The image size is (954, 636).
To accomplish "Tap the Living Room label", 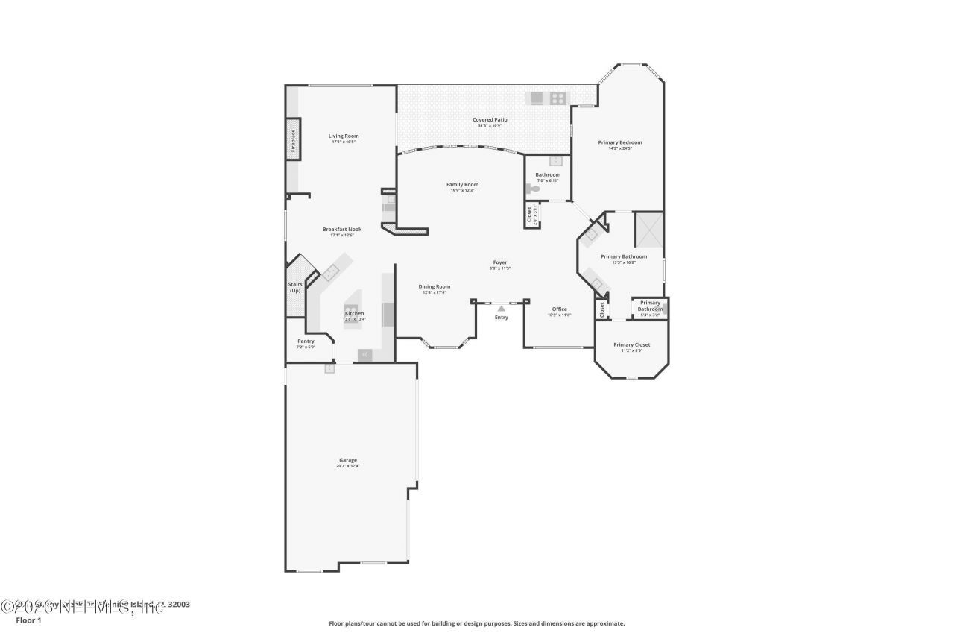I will coord(344,136).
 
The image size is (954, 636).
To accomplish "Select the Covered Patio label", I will coord(490,119).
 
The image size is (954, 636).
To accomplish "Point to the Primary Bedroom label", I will coord(619,142).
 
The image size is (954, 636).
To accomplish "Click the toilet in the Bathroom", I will coord(531,189).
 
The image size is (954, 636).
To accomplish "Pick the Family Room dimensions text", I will coord(462,191).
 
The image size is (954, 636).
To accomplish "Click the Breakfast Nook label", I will coord(342,229).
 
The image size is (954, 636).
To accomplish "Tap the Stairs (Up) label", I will coord(294,287).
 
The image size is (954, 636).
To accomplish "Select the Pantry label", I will coord(306,341).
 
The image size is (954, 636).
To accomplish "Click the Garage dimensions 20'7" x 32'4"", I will coord(347,466).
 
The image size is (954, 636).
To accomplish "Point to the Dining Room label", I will coord(434,286).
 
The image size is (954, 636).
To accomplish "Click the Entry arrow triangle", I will coord(502,307).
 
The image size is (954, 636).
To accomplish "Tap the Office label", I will coord(559,309).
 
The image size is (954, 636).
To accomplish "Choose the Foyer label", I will coord(499,262).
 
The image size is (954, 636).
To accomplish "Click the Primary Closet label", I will coord(631,344).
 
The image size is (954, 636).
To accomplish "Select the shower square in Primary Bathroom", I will coord(648,229).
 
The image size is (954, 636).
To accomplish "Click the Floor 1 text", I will coord(28,620).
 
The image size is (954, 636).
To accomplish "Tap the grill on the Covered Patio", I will coord(558,98).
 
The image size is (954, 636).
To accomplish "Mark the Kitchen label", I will coord(354,313).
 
